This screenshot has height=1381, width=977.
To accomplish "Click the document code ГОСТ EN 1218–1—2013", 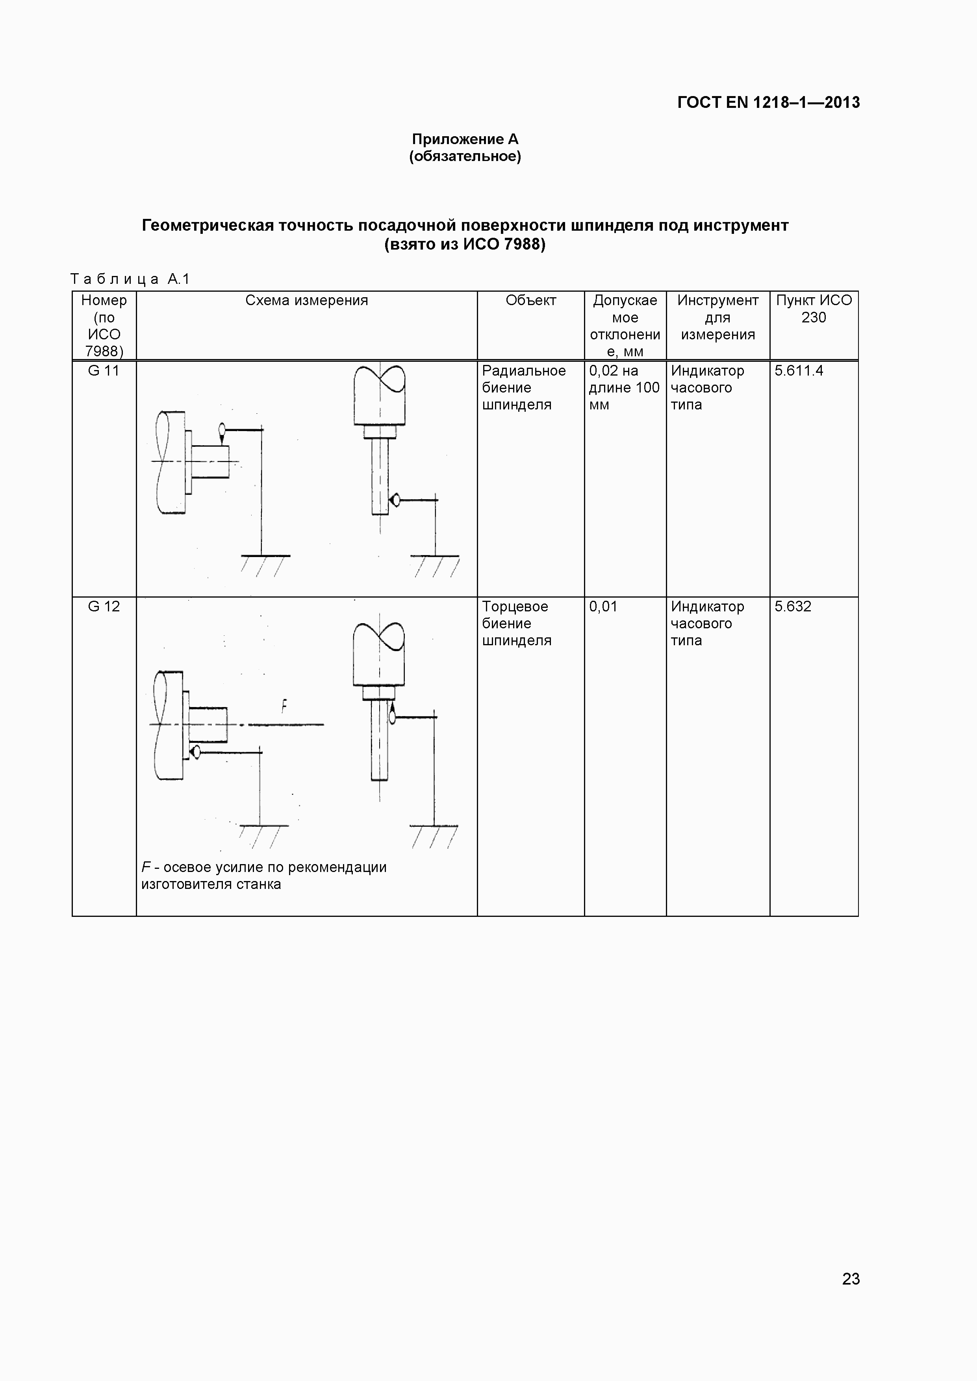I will click(x=768, y=102).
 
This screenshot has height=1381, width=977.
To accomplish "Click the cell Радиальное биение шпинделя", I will click(x=523, y=387).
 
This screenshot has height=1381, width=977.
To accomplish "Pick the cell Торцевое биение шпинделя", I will click(x=516, y=623).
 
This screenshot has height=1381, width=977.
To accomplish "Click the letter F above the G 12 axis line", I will click(x=284, y=705).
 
